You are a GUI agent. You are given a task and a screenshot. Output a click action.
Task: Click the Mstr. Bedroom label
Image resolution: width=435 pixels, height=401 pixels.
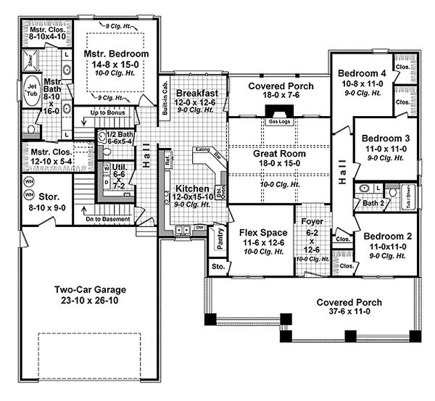116,54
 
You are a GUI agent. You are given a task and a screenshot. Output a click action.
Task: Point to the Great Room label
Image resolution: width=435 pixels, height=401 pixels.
278,154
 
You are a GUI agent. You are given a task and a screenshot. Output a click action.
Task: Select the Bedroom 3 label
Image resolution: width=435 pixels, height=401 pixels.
386,139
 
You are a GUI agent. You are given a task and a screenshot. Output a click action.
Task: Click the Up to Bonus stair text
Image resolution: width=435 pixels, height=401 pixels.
109,113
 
